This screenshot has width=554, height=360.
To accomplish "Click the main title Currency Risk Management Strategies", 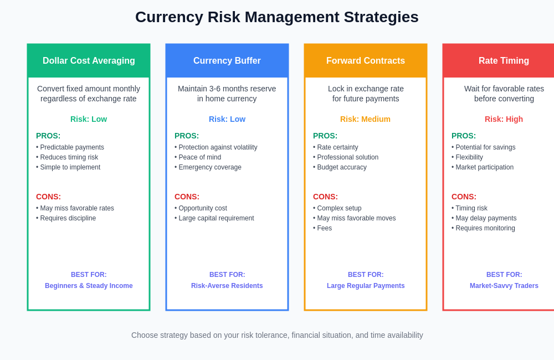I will (277, 17).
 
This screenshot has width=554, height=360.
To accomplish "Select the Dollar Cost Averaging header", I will (89, 61).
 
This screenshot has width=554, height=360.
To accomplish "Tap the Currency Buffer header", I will (227, 61).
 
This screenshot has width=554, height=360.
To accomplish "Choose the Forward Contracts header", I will (366, 61).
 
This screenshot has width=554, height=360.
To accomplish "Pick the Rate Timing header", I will (504, 61).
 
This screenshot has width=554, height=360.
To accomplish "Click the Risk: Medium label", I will (365, 119).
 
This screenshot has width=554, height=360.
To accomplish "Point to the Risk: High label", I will (504, 119).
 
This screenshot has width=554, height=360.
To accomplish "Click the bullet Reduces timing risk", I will (69, 157).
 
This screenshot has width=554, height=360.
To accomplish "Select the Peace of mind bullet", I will (199, 157).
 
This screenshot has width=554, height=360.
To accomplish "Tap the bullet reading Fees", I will (324, 228).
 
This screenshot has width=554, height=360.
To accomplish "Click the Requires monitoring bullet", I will (485, 228).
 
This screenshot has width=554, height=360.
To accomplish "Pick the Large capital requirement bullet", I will (216, 218).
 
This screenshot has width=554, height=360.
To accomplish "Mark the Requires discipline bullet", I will (68, 218).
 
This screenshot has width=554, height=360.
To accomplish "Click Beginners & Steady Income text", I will (89, 286).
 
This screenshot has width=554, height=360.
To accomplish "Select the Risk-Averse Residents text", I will (227, 286).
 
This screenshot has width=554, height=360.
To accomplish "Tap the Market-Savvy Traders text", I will (504, 286).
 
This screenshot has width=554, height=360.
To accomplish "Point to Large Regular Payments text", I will (366, 286).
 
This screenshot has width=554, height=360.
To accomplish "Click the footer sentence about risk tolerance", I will (277, 335).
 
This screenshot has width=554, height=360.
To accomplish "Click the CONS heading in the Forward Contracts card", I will (325, 197).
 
